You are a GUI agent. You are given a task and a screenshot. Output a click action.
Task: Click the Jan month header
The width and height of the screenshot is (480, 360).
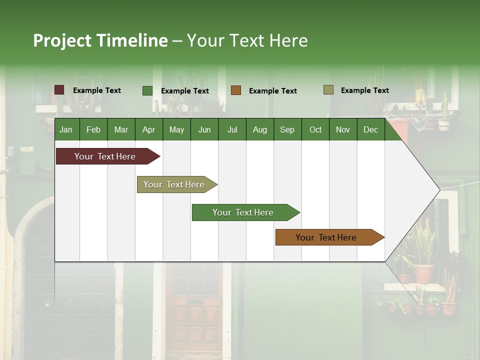(x=66, y=129)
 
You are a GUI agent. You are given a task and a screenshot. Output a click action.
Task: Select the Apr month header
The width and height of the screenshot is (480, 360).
(x=148, y=129)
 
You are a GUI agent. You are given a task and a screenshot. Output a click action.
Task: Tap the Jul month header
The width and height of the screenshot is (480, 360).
(x=232, y=129)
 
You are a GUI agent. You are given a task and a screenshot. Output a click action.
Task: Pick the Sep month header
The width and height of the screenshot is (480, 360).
(x=287, y=129)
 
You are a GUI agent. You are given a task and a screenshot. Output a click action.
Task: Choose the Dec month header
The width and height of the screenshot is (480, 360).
(x=370, y=129)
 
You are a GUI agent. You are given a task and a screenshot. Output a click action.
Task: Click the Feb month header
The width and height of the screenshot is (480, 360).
(x=93, y=129)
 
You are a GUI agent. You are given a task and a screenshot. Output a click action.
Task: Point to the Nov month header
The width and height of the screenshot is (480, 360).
(x=342, y=129)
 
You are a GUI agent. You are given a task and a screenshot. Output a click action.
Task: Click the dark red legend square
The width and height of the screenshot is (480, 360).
(x=59, y=90)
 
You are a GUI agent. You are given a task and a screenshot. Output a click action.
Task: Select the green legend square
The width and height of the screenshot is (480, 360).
(x=147, y=90)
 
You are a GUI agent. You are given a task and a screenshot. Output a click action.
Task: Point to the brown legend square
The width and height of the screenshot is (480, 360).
(x=236, y=90)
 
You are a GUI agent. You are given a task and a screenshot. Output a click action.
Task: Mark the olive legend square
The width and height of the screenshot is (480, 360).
(x=328, y=90)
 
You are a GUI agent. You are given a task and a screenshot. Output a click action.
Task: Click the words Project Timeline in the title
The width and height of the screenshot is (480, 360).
(x=100, y=40)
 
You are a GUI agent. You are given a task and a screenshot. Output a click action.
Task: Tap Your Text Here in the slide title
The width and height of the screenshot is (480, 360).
(x=247, y=40)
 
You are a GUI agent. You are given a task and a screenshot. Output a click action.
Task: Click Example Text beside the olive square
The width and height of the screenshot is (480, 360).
(x=364, y=90)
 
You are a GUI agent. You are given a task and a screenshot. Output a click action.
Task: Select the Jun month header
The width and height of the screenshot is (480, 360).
(x=204, y=129)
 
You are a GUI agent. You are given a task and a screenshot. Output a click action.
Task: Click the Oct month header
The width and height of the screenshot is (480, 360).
(x=315, y=129)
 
